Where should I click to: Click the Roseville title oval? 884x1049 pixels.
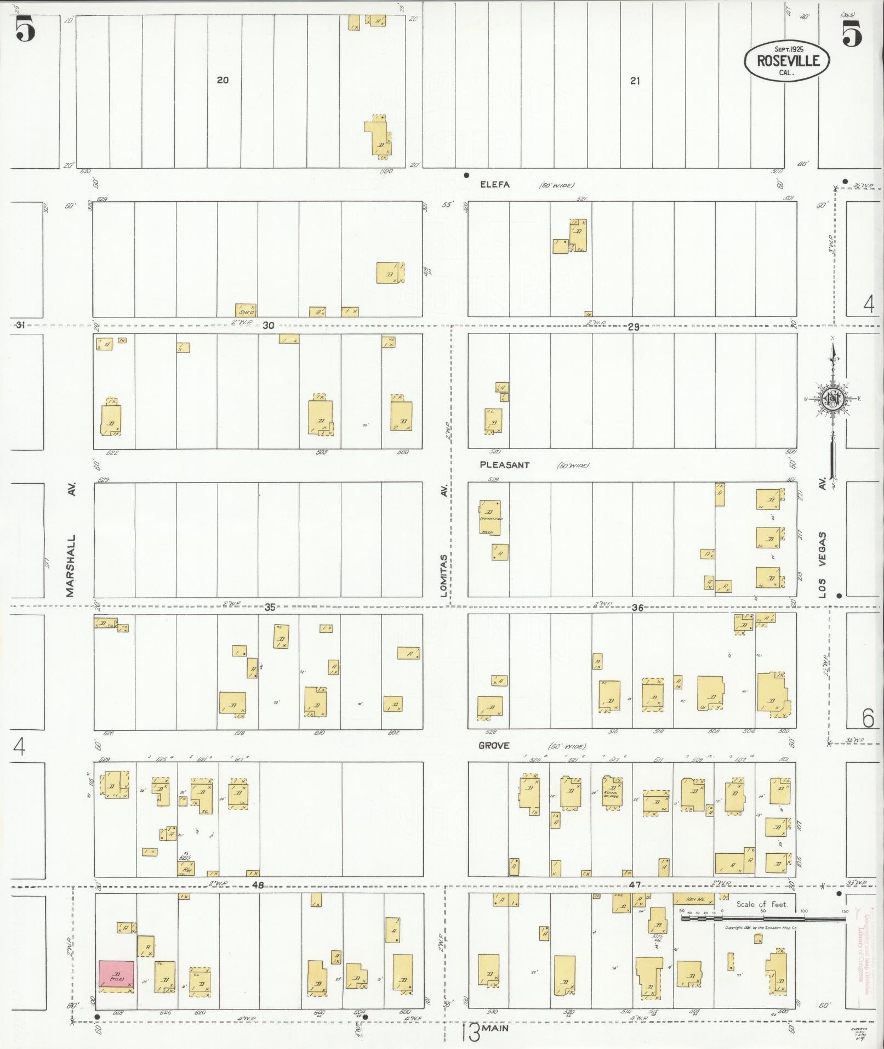(786, 60)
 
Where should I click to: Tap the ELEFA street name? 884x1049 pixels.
(494, 185)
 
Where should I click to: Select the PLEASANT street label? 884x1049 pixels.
(504, 465)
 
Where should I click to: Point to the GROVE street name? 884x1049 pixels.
(494, 745)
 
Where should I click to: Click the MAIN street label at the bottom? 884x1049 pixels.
(496, 1028)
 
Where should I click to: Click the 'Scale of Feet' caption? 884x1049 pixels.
(762, 904)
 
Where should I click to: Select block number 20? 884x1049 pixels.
(222, 80)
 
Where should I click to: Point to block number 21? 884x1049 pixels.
(635, 81)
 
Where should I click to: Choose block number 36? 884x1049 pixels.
(637, 608)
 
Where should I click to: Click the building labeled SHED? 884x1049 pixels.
(246, 311)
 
